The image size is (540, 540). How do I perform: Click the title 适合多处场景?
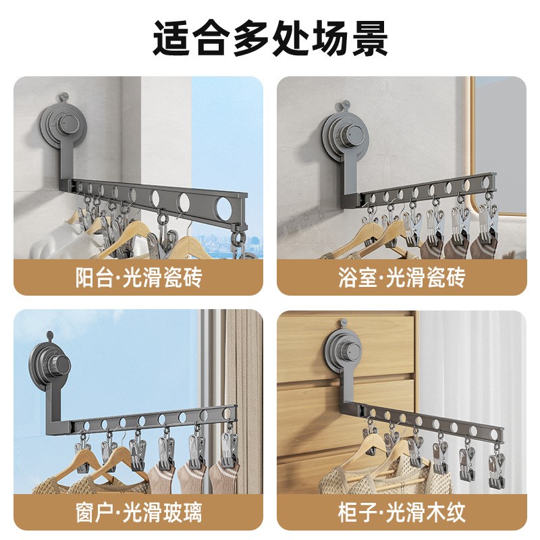click(270, 38)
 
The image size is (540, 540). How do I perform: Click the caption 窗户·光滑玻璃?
click(138, 512)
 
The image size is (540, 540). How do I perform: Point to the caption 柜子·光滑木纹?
click(402, 512)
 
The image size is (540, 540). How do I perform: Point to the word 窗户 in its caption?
click(95, 512)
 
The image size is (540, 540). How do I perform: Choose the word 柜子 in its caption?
click(358, 512)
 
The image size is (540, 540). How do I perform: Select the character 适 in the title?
click(171, 38)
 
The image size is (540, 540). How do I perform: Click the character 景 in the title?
click(369, 38)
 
